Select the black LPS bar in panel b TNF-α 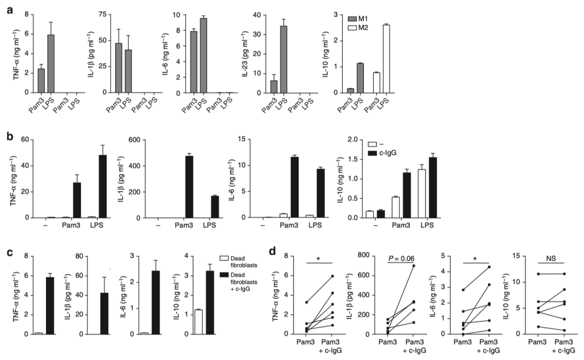tap(102, 186)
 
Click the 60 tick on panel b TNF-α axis tap(24, 139)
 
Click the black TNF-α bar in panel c tap(51, 306)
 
